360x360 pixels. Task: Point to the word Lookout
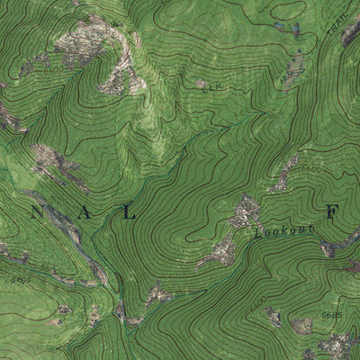click(x=284, y=232)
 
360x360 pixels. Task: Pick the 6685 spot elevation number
click(x=331, y=315)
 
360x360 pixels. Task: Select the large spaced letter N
click(x=36, y=213)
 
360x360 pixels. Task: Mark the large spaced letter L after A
click(x=130, y=213)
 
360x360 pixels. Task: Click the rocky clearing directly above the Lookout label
click(x=244, y=212)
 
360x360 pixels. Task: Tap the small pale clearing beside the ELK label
click(x=201, y=84)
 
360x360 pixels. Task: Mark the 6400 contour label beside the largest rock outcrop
click(x=56, y=68)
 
